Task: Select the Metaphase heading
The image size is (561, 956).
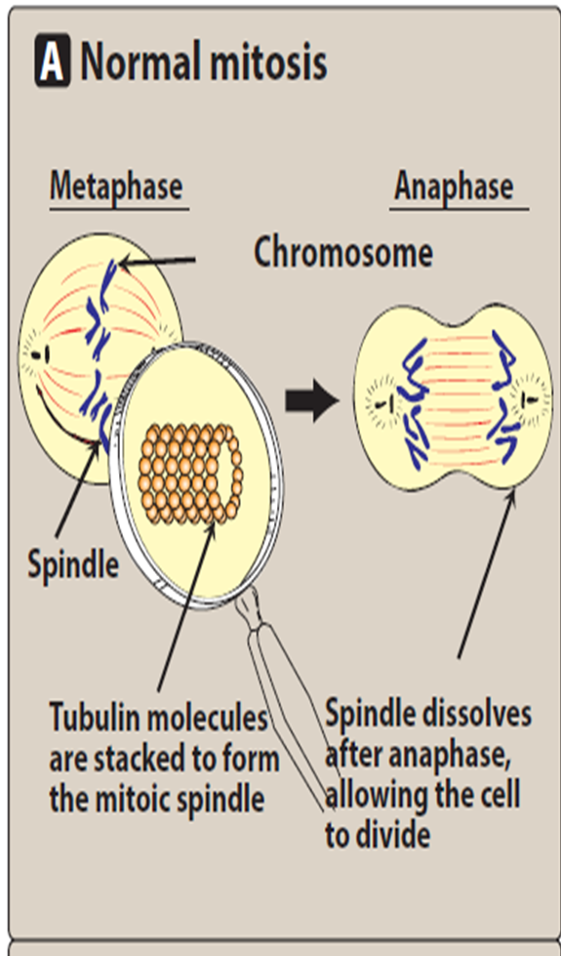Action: tap(116, 187)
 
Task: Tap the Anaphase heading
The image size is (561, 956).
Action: tap(454, 187)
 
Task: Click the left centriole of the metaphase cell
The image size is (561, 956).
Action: tap(39, 354)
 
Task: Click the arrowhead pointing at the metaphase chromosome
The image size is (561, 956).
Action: tap(125, 264)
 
